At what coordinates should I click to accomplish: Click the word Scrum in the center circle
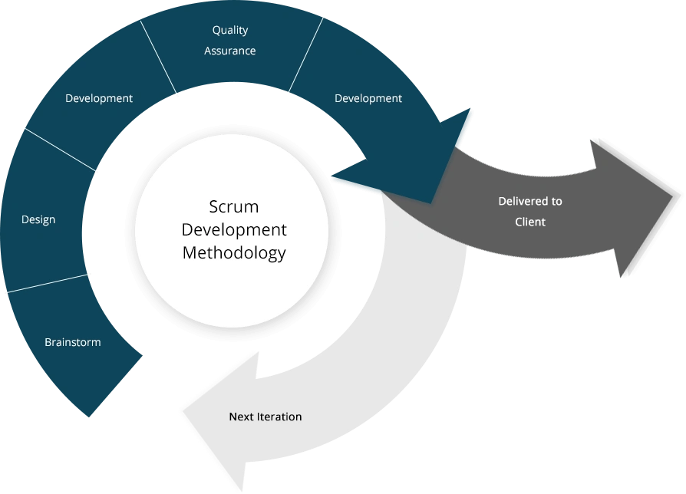pos(233,207)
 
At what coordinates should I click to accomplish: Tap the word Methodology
pos(233,253)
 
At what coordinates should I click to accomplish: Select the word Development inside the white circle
pos(233,230)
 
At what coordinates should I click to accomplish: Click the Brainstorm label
pos(72,342)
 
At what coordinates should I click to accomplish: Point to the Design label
pos(38,220)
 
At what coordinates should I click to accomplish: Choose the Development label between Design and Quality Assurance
pos(99,98)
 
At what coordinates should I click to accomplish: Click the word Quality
pos(230,31)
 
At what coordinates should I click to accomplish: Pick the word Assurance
pos(230,51)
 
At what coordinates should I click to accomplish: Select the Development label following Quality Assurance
pos(368,98)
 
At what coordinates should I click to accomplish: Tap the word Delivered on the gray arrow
pos(519,202)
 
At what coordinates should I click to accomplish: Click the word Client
pos(530,222)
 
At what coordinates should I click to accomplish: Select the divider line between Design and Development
pos(61,150)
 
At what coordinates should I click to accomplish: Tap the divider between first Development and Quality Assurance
pos(158,58)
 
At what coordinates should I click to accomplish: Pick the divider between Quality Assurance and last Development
pos(306,56)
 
